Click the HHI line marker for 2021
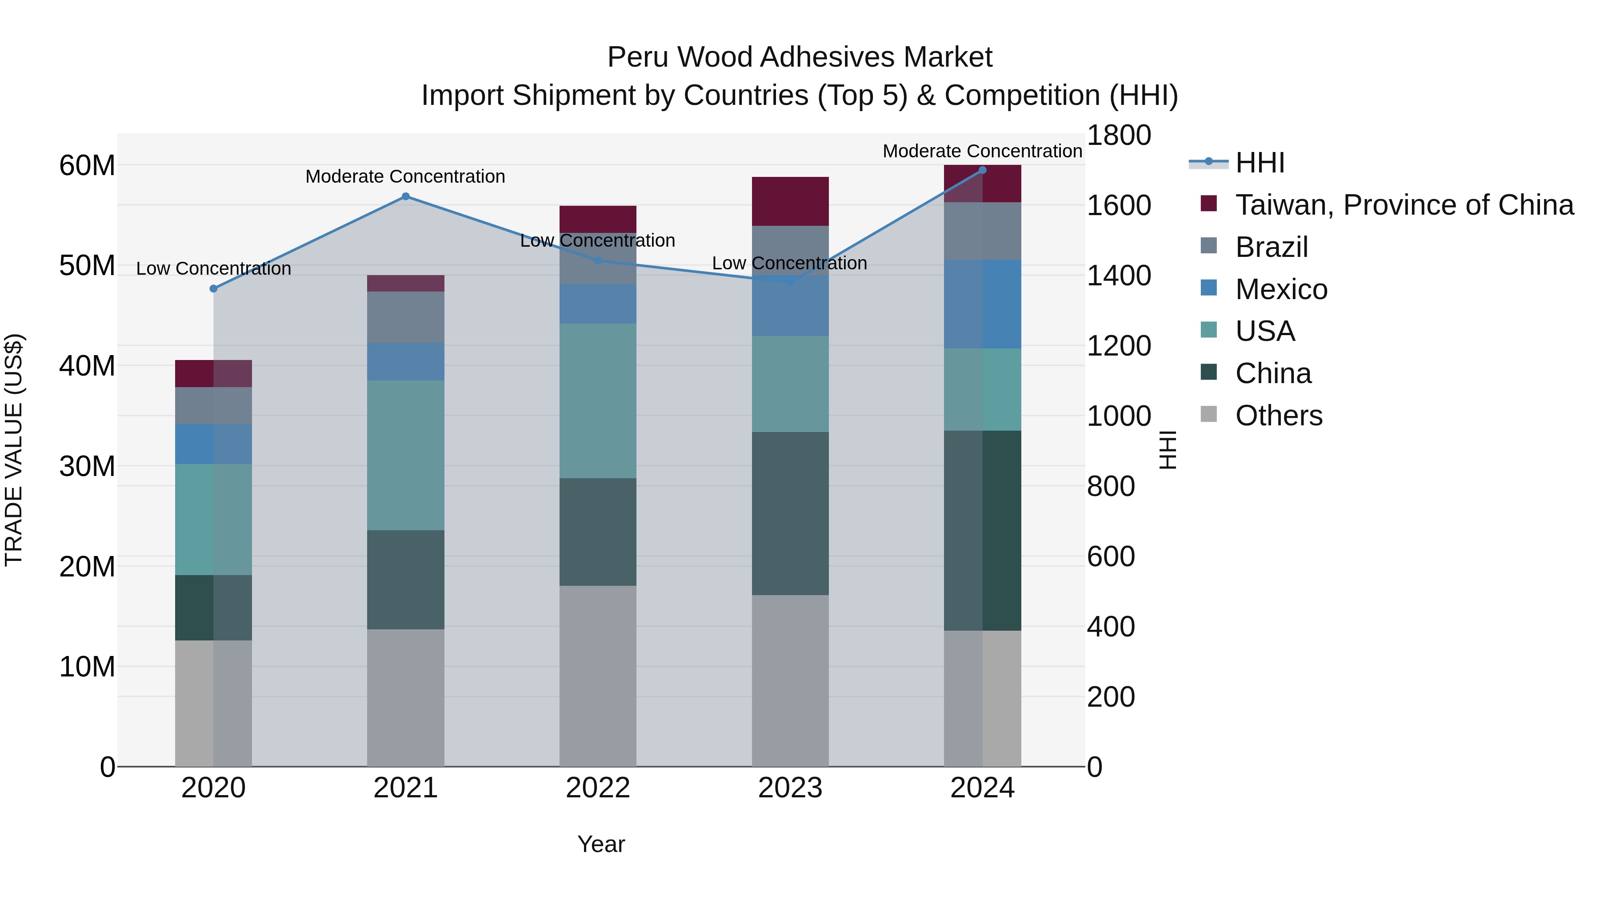[x=406, y=196]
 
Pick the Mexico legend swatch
[x=1209, y=288]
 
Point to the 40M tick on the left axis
[x=87, y=366]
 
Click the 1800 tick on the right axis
[x=1119, y=136]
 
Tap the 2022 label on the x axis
[x=597, y=788]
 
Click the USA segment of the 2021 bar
[x=406, y=455]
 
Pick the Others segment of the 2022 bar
[x=597, y=676]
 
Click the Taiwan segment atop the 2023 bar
[x=790, y=201]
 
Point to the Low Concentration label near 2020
[x=214, y=268]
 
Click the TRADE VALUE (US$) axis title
[x=14, y=450]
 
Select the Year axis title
[x=600, y=844]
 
